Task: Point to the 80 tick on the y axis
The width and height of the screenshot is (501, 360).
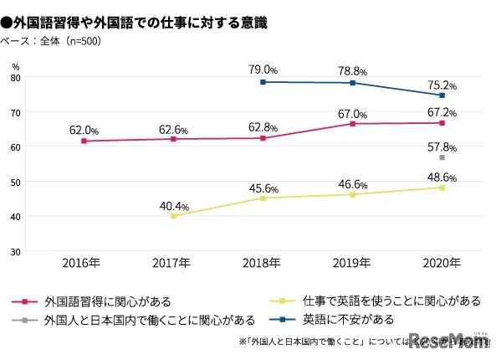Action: [x=16, y=77]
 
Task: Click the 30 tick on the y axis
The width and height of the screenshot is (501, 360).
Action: [x=16, y=251]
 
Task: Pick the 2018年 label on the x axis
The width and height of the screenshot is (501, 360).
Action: [x=263, y=263]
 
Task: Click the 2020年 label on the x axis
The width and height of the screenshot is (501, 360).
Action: [x=442, y=263]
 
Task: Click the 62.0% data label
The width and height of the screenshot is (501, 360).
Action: [x=84, y=131]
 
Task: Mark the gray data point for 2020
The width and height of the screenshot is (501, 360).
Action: [x=442, y=157]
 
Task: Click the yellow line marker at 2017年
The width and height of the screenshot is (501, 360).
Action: [x=173, y=216]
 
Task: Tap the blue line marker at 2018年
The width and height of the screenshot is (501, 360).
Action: [x=263, y=82]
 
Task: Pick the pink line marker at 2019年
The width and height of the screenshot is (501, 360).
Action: [x=352, y=124]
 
